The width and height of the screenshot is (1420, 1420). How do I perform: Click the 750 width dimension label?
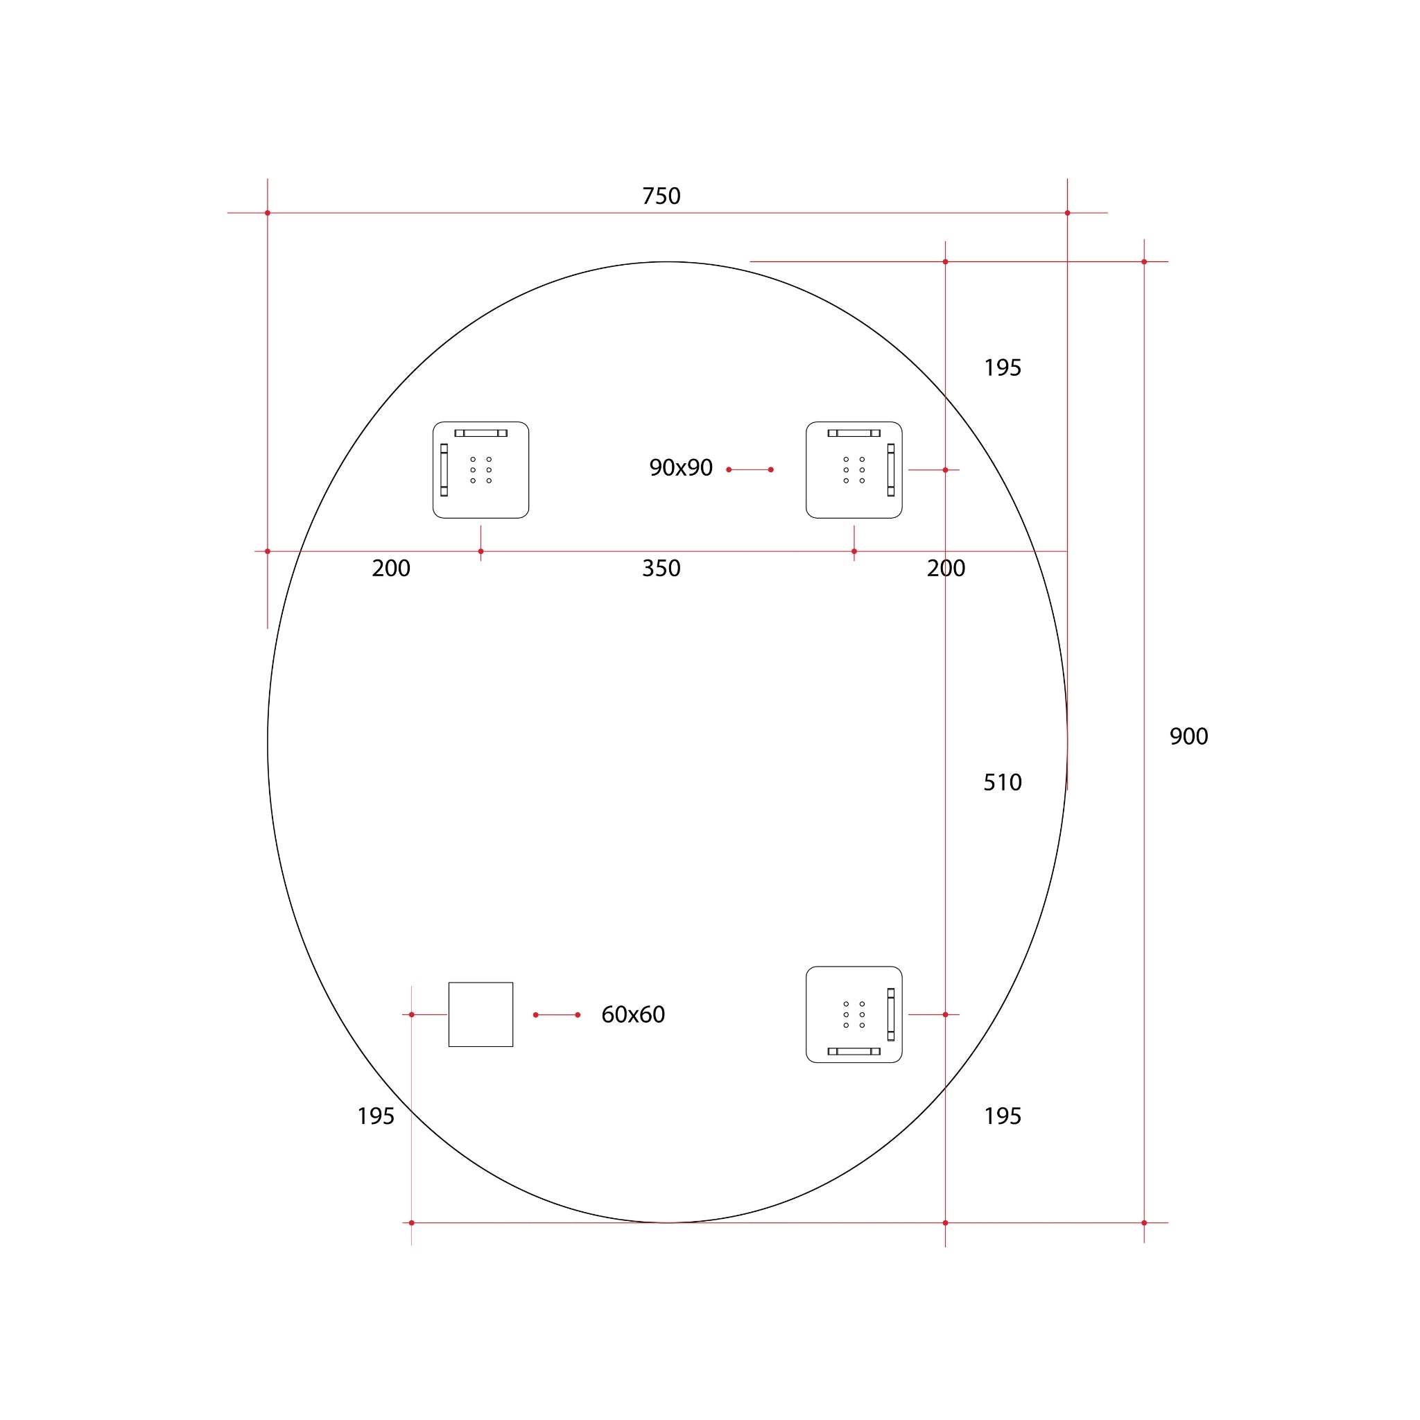point(661,196)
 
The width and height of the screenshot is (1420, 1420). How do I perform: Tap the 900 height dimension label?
point(1188,736)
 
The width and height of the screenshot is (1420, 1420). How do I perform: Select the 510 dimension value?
point(1003,782)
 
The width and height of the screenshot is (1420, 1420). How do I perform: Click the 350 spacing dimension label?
point(661,568)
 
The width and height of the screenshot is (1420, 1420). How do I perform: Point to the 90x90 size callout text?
point(681,467)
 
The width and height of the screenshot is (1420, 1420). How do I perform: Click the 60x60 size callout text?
point(633,1014)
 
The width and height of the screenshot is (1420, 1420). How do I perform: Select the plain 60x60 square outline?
point(480,1014)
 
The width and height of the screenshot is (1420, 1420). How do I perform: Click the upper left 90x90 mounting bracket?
point(480,469)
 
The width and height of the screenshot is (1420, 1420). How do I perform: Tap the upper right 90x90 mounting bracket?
point(854,469)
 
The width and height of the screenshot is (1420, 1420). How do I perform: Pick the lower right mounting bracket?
point(854,1014)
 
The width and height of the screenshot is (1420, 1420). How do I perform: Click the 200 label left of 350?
point(391,568)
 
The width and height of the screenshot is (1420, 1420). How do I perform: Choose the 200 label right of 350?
point(946,568)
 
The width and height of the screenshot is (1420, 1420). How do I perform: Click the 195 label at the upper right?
point(1003,367)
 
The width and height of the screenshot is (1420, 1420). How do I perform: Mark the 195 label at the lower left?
point(376,1116)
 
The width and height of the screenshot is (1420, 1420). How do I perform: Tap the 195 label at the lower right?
point(1003,1116)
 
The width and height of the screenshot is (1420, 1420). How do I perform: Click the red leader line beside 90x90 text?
point(750,469)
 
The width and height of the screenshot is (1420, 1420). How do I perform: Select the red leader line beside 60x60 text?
point(556,1015)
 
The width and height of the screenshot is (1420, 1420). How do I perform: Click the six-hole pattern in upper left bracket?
point(480,469)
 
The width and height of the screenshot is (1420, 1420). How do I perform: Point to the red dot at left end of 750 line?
point(268,213)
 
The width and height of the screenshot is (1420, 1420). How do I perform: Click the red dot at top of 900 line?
point(1143,261)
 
